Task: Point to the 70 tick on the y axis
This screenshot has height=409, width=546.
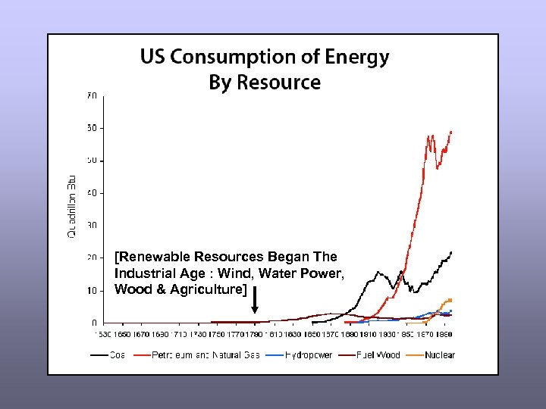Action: coord(91,96)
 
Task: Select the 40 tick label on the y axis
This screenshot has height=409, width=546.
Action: coord(91,193)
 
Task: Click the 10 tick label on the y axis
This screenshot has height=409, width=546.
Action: coord(91,291)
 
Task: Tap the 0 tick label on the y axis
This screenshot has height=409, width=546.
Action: coord(94,323)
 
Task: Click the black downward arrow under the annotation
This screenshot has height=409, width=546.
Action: coord(255,300)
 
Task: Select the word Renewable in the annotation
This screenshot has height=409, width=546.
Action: coord(156,257)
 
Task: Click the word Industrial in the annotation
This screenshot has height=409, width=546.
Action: coord(145,273)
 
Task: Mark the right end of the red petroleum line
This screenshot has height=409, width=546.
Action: coord(452,132)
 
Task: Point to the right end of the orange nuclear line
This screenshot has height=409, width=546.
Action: coord(452,300)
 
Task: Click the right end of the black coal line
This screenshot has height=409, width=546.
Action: coord(452,251)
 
